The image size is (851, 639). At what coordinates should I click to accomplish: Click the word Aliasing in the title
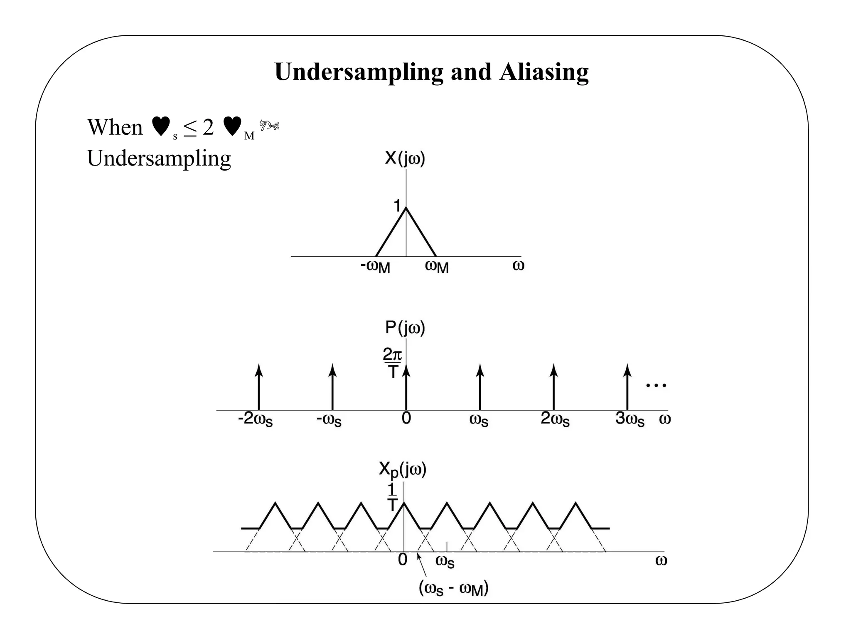(x=544, y=72)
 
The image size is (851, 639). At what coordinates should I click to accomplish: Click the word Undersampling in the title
(x=359, y=72)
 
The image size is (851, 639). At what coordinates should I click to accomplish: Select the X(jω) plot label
(x=405, y=159)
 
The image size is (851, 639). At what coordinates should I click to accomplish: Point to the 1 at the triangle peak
(x=397, y=206)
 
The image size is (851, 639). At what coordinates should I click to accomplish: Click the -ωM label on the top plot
(x=375, y=266)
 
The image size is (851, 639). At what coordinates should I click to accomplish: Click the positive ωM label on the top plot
(x=437, y=266)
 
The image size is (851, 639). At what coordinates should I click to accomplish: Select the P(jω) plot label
(x=405, y=328)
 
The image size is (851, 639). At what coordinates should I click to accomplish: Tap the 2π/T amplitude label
(x=392, y=363)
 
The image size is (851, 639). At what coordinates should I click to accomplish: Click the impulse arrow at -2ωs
(x=259, y=387)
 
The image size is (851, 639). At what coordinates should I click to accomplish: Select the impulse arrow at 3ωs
(x=627, y=387)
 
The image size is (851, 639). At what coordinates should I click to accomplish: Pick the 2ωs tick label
(x=555, y=419)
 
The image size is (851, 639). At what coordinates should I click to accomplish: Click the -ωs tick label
(x=329, y=419)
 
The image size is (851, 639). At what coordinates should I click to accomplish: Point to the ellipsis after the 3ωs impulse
(x=656, y=386)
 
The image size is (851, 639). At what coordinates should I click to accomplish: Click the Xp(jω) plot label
(x=402, y=470)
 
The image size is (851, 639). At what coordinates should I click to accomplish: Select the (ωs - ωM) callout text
(x=453, y=589)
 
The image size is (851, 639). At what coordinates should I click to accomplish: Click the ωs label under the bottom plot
(x=445, y=562)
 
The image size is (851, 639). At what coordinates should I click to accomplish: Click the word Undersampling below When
(x=159, y=158)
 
